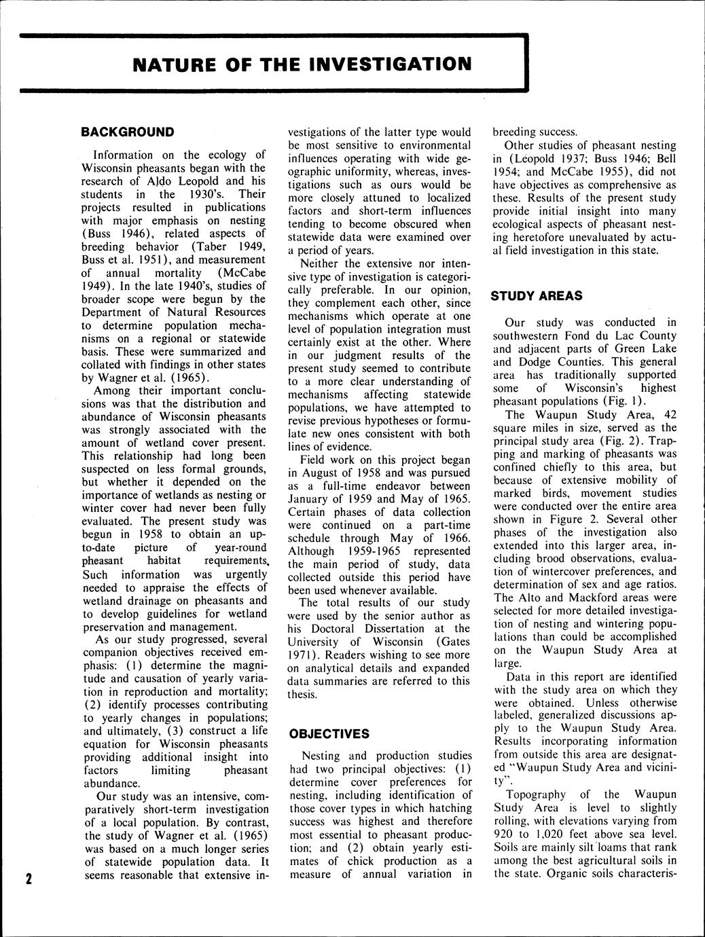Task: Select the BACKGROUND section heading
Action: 128,132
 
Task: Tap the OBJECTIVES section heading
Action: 329,734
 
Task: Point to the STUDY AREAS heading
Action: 537,296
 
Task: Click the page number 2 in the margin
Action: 29,879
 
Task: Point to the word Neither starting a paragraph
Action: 321,263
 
